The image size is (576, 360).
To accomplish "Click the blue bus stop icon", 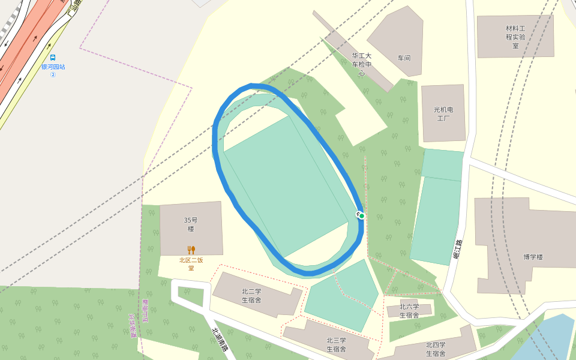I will [53, 58].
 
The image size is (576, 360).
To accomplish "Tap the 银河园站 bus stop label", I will [53, 67].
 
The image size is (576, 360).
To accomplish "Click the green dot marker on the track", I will [362, 216].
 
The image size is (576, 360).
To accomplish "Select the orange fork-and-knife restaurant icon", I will [191, 250].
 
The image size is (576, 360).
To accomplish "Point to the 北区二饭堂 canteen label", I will [191, 263].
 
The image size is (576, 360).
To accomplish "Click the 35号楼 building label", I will [191, 224].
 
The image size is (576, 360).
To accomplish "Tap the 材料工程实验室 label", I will [515, 37].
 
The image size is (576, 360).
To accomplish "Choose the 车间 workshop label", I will [404, 58].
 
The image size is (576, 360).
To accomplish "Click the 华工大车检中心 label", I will [362, 64].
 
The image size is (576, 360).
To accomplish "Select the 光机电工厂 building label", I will [443, 114].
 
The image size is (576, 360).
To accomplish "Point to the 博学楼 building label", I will [533, 257].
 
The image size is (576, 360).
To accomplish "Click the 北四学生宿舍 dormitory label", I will [436, 348].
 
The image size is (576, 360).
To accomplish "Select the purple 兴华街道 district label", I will [133, 325].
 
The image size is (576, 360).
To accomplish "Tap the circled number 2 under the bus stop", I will [53, 74].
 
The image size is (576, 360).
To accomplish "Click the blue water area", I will [549, 339].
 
